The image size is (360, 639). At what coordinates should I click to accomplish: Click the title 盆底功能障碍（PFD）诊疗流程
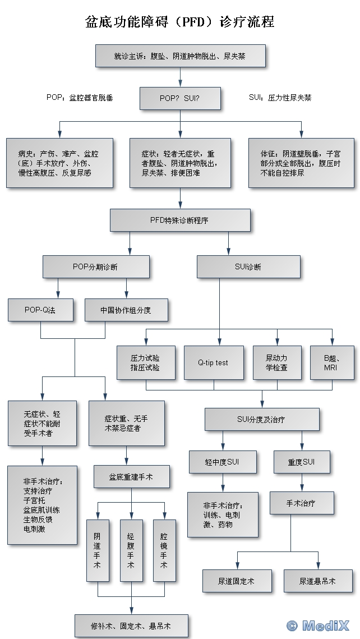tap(179, 22)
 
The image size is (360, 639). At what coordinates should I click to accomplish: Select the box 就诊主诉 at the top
tap(179, 56)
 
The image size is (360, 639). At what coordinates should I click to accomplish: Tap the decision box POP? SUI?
tap(179, 98)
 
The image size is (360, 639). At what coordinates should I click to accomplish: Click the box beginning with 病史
tap(59, 163)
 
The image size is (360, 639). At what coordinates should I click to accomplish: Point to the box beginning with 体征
tap(301, 163)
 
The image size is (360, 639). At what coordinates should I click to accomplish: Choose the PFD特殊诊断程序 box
tap(179, 220)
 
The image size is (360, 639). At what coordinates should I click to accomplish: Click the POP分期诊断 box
tap(95, 266)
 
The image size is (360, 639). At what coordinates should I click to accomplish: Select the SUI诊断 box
tap(248, 266)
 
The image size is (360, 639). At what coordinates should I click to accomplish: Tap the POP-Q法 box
tap(40, 310)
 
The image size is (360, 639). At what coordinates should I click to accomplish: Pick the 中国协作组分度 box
tap(126, 310)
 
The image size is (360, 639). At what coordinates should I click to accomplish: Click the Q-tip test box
tap(213, 362)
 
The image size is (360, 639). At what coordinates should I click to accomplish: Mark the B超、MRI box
tap(331, 362)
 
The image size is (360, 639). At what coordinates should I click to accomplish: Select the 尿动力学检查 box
tap(276, 362)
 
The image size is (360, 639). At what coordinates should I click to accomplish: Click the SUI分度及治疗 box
tap(261, 419)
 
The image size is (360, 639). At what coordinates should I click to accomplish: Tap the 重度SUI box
tap(302, 462)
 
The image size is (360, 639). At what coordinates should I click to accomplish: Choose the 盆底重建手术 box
tap(131, 477)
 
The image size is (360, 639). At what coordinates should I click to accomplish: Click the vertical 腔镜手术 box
tap(164, 550)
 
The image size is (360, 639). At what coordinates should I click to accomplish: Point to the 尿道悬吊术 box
tap(317, 581)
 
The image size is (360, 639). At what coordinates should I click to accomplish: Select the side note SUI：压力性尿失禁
tap(280, 98)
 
